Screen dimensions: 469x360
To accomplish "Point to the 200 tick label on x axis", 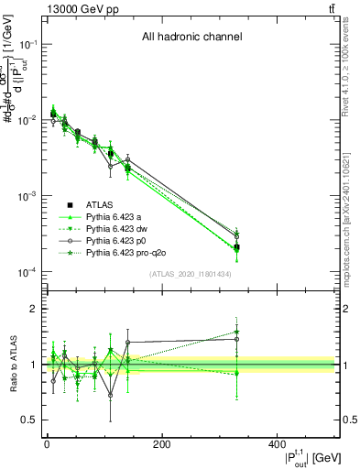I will click(x=161, y=443).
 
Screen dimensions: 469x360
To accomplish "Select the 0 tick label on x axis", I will click(x=47, y=443).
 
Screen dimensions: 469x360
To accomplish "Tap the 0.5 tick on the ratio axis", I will click(x=30, y=420).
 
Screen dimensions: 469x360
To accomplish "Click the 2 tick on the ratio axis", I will click(x=35, y=309).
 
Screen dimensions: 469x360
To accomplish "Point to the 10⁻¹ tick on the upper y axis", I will click(x=27, y=44).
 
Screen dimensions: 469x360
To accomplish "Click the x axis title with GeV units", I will click(x=301, y=456).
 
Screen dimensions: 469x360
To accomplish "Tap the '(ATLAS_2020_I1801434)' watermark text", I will click(x=190, y=275).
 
